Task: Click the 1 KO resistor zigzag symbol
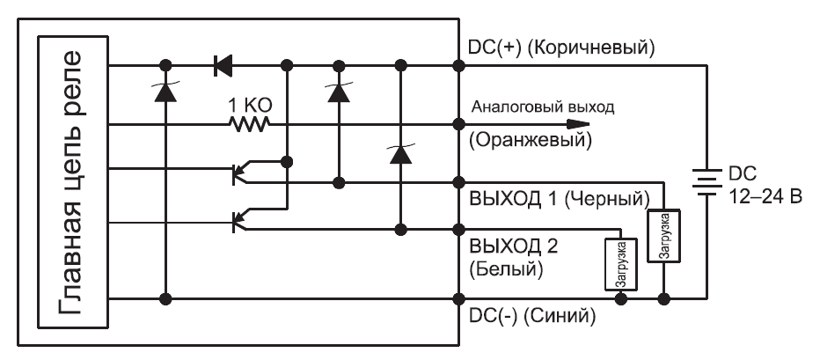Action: tap(249, 124)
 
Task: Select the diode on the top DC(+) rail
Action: tap(223, 64)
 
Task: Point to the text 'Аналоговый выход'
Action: tap(543, 107)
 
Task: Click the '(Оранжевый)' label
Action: tap(531, 139)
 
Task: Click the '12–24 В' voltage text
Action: tap(764, 194)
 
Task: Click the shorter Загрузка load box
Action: tap(621, 263)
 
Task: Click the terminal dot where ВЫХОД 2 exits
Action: tap(458, 229)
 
